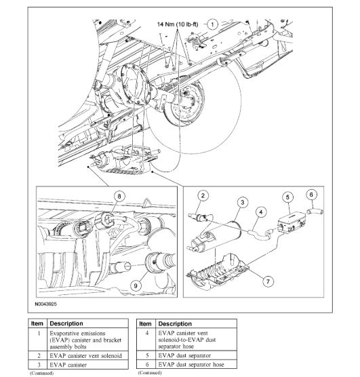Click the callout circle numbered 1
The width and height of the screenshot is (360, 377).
[212, 23]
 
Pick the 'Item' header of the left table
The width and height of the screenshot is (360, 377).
[39, 324]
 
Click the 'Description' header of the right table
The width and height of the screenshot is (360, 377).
[174, 324]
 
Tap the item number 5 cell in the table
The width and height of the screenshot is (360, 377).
[146, 355]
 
